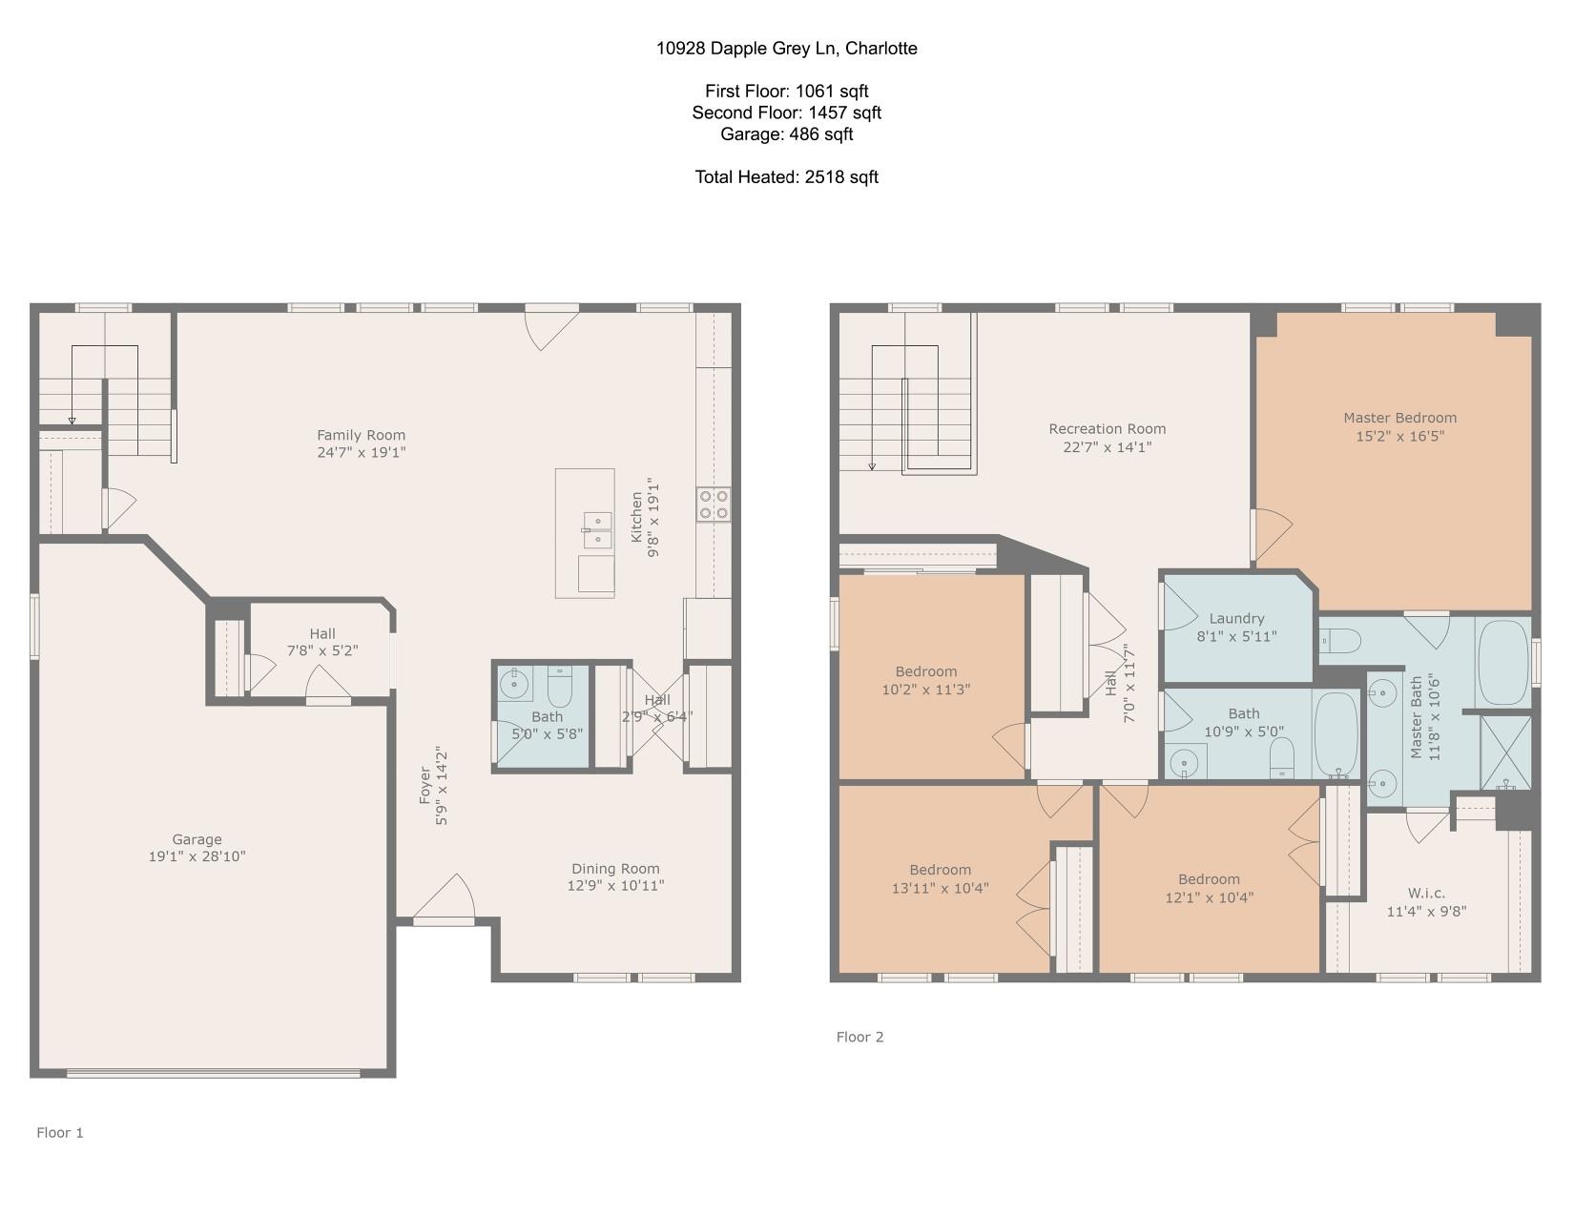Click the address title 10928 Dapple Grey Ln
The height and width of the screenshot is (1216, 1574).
tap(747, 49)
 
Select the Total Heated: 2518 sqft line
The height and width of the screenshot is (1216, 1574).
tap(787, 177)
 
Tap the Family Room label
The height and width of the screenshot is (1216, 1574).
tap(361, 435)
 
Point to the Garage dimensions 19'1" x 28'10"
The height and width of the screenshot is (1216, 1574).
tap(197, 856)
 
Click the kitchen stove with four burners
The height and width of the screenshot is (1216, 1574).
tap(714, 505)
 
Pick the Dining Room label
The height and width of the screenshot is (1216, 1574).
tap(615, 868)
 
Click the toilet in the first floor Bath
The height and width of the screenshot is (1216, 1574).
tap(559, 687)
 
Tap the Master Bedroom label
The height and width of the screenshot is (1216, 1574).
tap(1400, 418)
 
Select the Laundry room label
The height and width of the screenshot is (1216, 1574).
tap(1236, 619)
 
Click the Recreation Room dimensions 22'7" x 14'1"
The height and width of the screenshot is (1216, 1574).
tap(1107, 447)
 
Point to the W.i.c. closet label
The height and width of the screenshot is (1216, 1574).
tap(1426, 893)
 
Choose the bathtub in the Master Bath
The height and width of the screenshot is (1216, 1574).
tap(1503, 663)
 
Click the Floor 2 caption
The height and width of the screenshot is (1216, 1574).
tap(859, 1037)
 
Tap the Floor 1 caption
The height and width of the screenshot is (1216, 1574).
tap(60, 1133)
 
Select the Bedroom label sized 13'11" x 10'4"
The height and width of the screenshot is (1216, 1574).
tap(941, 870)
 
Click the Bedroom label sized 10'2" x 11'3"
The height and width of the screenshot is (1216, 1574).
tap(925, 671)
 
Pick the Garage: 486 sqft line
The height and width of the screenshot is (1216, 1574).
tap(787, 134)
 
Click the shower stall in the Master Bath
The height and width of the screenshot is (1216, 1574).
tap(1505, 752)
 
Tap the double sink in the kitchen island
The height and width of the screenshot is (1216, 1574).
tap(597, 530)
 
